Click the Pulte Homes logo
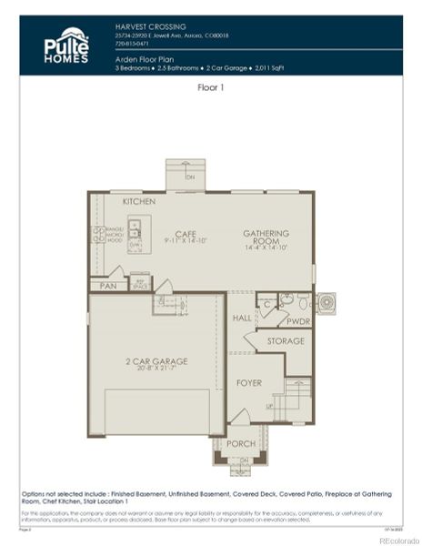tap(66, 45)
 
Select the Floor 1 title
tap(210, 88)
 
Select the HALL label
tap(241, 318)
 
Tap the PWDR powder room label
tap(298, 321)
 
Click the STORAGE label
tap(285, 341)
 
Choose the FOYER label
tap(248, 383)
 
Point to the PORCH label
tap(240, 444)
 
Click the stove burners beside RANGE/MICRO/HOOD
tap(99, 234)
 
